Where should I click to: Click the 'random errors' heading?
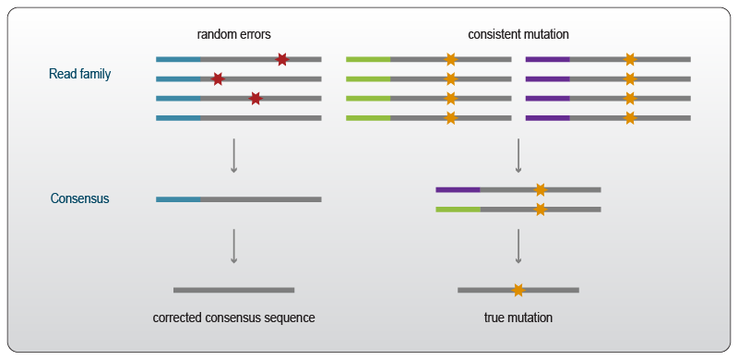[233, 35]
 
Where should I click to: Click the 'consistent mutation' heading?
[518, 35]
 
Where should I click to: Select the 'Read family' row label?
[80, 74]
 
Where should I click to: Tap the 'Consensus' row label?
[79, 198]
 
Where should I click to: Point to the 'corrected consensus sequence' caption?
[233, 318]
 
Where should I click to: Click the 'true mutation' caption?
[518, 318]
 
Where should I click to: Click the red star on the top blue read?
[281, 59]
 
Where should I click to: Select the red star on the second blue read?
[218, 78]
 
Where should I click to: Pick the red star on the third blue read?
[256, 98]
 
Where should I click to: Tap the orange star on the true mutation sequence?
[518, 290]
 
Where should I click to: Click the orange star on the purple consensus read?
[540, 190]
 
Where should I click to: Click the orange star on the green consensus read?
[540, 210]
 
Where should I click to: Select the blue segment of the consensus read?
[179, 198]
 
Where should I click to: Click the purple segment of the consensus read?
[458, 190]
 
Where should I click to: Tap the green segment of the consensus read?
[458, 210]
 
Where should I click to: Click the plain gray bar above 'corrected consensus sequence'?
[233, 290]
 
